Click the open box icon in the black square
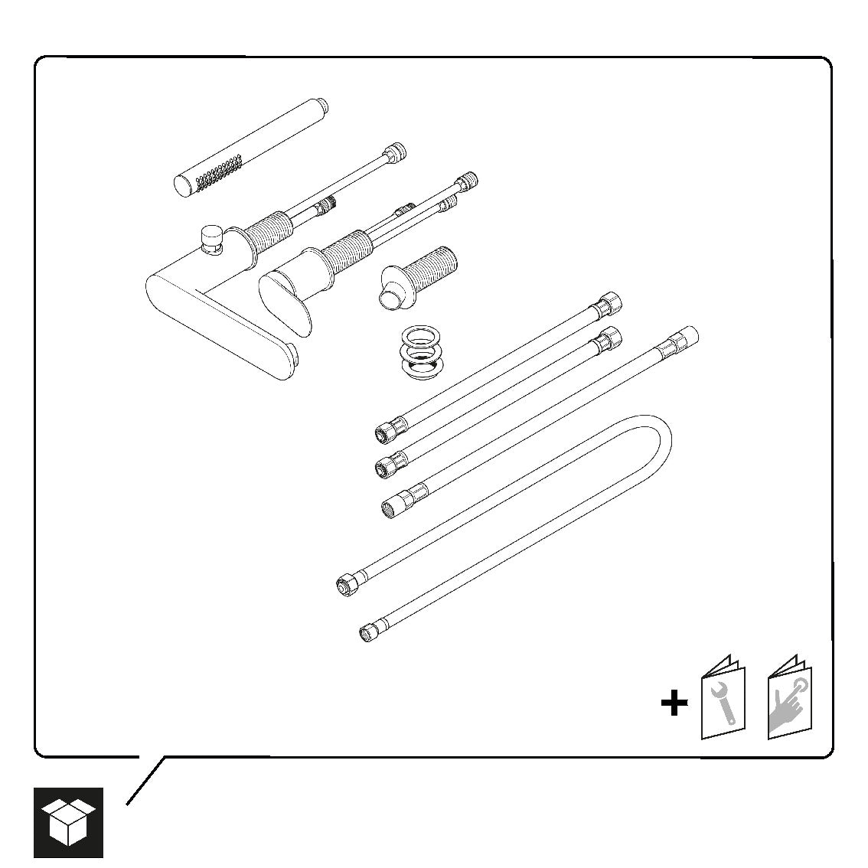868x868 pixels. (x=68, y=821)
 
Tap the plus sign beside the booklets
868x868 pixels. (x=674, y=703)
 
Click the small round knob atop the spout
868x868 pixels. (x=210, y=237)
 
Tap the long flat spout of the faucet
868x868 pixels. (x=222, y=329)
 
